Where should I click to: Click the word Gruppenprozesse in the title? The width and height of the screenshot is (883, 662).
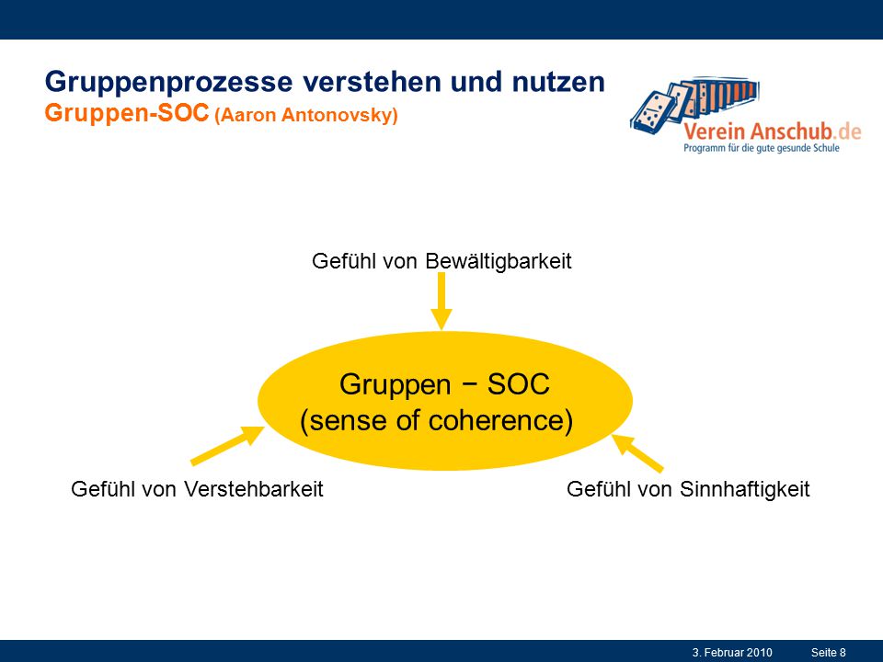point(169,83)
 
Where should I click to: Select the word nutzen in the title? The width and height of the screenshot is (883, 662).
point(558,82)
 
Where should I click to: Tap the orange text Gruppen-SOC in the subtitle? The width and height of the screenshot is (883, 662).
point(127,114)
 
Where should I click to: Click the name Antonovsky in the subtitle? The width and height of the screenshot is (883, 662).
point(339,116)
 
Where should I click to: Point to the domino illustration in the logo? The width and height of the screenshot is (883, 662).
point(694,102)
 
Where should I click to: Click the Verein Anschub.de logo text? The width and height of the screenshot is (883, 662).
point(773,131)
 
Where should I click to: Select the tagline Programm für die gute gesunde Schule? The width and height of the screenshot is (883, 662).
point(762,148)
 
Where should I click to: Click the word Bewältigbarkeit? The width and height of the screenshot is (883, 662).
point(499,262)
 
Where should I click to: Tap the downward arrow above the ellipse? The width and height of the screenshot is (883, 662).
point(441,302)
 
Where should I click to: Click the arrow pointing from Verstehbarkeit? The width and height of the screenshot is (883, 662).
point(227,445)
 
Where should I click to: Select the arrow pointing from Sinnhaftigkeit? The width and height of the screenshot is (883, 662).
point(637,453)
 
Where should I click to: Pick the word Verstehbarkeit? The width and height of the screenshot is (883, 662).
point(254,488)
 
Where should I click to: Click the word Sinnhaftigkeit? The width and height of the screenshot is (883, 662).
point(744,489)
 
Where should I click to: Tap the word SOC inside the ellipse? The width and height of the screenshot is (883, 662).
point(518,385)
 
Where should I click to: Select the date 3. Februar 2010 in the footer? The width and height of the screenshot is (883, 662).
point(732,653)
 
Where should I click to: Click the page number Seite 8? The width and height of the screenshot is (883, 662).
point(829,653)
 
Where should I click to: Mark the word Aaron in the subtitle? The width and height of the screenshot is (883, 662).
point(247,116)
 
